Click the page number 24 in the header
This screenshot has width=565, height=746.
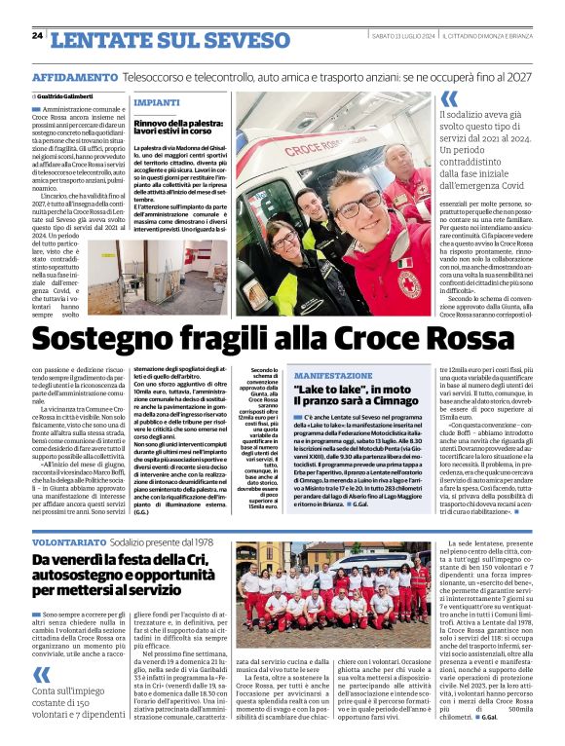pyautogui.click(x=37, y=36)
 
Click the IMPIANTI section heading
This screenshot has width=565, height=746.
pyautogui.click(x=156, y=101)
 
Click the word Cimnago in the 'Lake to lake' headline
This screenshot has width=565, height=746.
pyautogui.click(x=390, y=400)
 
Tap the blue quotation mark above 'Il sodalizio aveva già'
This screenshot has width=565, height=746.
pyautogui.click(x=449, y=98)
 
